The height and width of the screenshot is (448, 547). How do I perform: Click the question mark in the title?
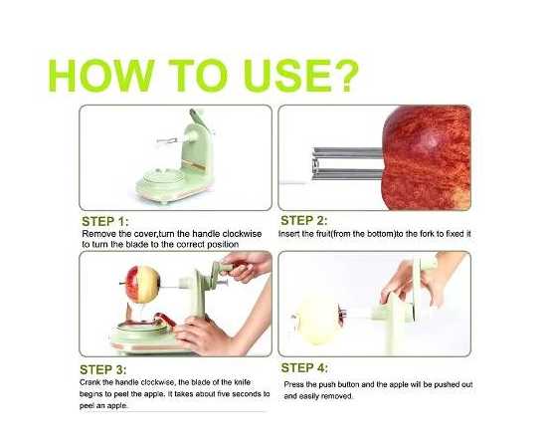click(x=345, y=76)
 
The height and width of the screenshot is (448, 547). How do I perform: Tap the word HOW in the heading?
click(x=101, y=76)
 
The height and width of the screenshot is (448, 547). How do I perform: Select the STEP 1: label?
click(x=105, y=221)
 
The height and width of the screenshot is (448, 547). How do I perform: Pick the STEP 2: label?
click(x=304, y=221)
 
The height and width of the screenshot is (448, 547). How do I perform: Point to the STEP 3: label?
click(x=103, y=369)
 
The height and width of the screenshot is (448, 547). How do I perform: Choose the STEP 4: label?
click(x=304, y=368)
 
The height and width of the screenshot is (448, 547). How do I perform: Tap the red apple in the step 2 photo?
click(x=427, y=158)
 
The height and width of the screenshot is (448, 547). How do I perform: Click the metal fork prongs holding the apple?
click(x=347, y=163)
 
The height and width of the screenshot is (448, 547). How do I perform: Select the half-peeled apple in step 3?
click(x=142, y=284)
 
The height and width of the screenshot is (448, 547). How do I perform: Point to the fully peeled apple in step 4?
click(x=315, y=320)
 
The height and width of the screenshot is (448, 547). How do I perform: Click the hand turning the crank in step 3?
click(x=246, y=266)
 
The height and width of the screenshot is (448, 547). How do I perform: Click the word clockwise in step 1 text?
click(x=242, y=234)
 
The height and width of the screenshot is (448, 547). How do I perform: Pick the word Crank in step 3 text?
click(x=89, y=382)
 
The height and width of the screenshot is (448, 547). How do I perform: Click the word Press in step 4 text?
click(x=292, y=384)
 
